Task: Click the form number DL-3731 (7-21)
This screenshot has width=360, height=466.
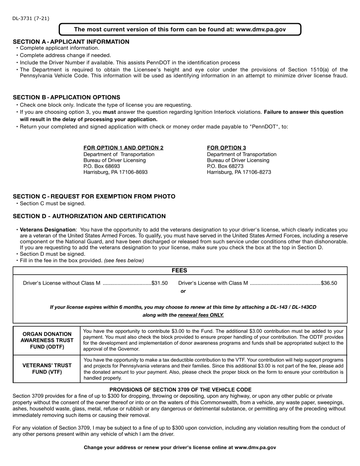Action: coord(30,18)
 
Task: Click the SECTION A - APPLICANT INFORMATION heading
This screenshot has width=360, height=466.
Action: coord(71,42)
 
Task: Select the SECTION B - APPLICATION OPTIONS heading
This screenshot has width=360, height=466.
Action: coord(66,97)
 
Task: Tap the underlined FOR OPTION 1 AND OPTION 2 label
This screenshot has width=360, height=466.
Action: coord(123,148)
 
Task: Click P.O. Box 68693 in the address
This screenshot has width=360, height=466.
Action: coord(102,166)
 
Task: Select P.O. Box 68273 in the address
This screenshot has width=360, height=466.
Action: coord(225,166)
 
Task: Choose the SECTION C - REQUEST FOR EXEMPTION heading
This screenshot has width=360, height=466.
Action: coord(94,197)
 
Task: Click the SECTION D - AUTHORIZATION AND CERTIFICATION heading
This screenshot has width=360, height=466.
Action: coord(89,216)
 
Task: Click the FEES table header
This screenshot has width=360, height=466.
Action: coord(180,271)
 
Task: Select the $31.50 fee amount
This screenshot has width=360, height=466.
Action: coord(160,283)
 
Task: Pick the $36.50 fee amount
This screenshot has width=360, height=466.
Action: coord(329,283)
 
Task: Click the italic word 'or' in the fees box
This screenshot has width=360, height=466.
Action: coord(183,291)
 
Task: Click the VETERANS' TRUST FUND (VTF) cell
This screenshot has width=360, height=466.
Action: coord(47,369)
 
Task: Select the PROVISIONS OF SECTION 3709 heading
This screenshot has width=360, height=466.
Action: coord(180,390)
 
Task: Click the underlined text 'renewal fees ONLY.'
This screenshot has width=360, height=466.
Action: coord(201,315)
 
